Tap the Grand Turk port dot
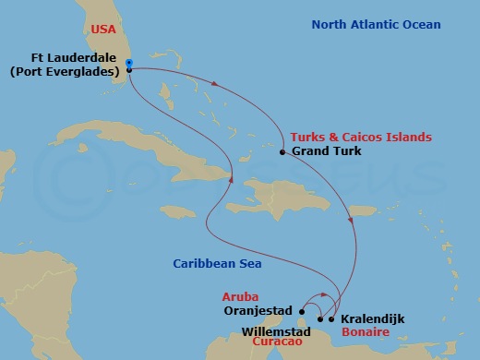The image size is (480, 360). [282, 151]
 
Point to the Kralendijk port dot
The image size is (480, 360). [331, 319]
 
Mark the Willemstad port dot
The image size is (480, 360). [320, 319]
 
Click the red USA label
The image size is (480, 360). [103, 30]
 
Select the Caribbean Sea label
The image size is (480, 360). [217, 264]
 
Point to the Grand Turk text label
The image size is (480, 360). [326, 151]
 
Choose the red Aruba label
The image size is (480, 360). [239, 297]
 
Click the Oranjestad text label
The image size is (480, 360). [258, 311]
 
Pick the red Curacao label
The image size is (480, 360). [281, 342]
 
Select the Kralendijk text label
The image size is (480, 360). [373, 318]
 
